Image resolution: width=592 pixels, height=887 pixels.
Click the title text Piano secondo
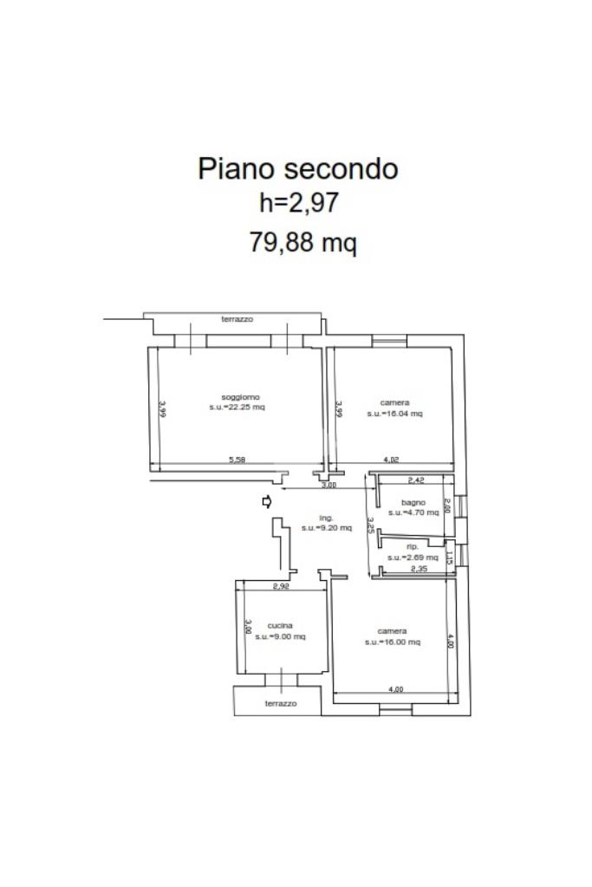click(x=298, y=167)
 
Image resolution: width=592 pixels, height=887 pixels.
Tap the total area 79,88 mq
click(x=303, y=243)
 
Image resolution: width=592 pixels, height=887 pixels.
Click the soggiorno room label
click(x=236, y=396)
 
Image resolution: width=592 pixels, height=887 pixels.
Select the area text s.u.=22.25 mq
click(x=237, y=408)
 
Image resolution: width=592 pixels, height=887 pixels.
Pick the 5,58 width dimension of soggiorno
click(x=237, y=460)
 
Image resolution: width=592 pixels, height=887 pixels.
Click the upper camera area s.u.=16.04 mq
click(x=394, y=414)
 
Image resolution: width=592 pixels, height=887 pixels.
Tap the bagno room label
click(x=413, y=503)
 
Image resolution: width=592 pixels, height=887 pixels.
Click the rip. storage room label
click(x=413, y=547)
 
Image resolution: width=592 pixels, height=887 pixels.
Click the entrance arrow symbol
click(x=267, y=501)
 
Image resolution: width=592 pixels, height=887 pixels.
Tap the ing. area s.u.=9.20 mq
click(x=327, y=527)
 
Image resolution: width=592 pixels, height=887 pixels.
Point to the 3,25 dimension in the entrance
click(x=370, y=525)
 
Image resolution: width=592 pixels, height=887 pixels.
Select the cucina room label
click(x=280, y=625)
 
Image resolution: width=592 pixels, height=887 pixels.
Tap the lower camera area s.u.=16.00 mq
click(x=393, y=642)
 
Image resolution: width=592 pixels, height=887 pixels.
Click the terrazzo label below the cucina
click(x=280, y=703)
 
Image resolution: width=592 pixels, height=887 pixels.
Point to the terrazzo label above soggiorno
click(x=237, y=320)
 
